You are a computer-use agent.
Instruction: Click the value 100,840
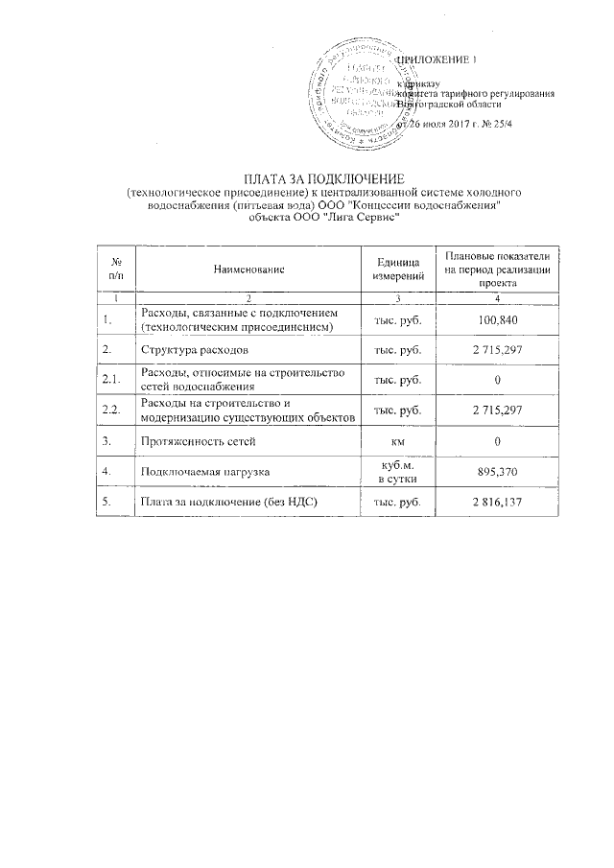click(x=497, y=320)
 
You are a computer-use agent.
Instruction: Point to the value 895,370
click(x=497, y=473)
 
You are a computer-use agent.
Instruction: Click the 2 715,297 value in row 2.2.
click(x=497, y=411)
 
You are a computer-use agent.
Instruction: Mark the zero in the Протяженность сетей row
click(x=497, y=441)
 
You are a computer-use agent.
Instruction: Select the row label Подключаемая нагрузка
click(x=204, y=473)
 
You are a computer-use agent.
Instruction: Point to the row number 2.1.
click(x=110, y=381)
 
